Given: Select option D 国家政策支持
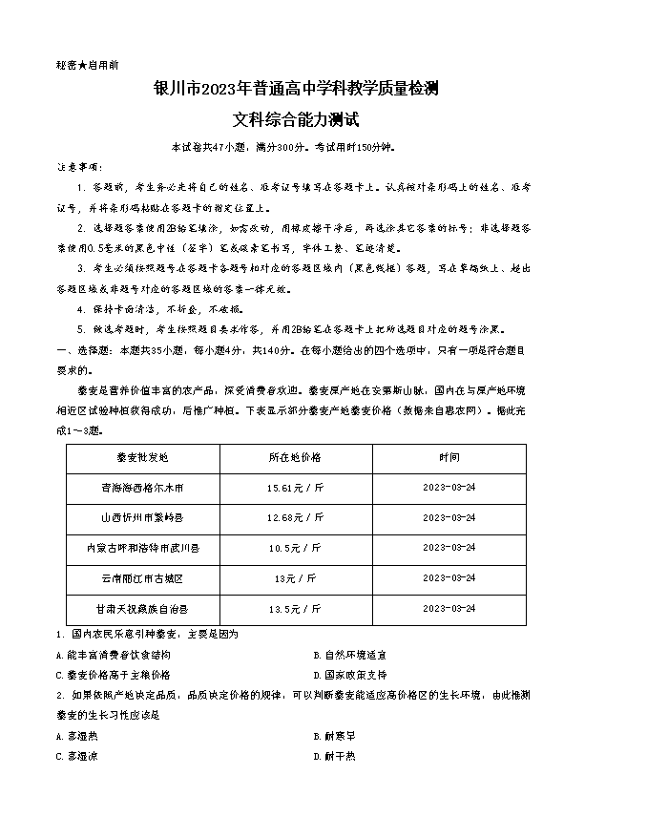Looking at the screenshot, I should pyautogui.click(x=355, y=674).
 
